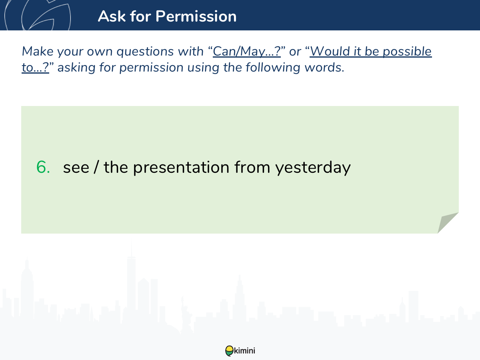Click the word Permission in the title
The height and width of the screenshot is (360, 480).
(x=196, y=16)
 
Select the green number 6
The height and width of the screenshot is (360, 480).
(x=43, y=167)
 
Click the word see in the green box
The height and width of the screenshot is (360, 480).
(x=76, y=168)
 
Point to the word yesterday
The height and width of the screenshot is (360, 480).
(x=313, y=168)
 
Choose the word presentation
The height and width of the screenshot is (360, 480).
(x=181, y=168)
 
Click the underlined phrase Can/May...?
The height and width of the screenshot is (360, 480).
(x=247, y=52)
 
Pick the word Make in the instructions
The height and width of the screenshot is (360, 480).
(x=38, y=51)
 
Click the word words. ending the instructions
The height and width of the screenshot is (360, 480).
(x=324, y=67)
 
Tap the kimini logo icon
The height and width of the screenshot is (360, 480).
(x=229, y=351)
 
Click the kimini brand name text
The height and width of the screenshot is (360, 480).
(x=244, y=351)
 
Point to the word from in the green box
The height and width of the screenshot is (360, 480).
(x=252, y=167)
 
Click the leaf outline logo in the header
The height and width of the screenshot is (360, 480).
(x=38, y=15)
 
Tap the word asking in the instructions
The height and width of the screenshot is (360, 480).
(x=76, y=68)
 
